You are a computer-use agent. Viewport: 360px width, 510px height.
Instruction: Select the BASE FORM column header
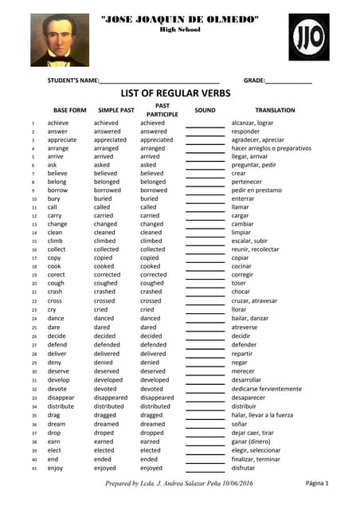tap(69, 110)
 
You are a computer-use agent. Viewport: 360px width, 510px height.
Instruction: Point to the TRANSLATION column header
tap(275, 110)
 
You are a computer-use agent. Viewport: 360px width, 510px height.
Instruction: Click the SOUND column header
tap(205, 110)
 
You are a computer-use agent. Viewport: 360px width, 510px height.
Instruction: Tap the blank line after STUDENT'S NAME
tap(159, 82)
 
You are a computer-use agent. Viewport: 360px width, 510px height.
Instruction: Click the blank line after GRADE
tap(288, 82)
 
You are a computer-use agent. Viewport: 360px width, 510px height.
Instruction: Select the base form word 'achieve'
tap(58, 124)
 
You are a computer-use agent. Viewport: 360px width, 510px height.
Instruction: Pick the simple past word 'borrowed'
tap(108, 190)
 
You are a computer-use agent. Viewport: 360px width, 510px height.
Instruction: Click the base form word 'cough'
tap(56, 283)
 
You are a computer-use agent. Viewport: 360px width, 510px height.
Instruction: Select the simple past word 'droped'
tap(105, 433)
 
